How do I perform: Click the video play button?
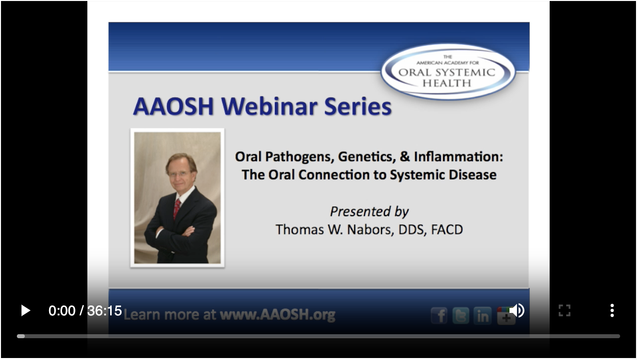(25, 311)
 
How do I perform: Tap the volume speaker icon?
(517, 310)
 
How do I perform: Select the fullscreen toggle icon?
(564, 311)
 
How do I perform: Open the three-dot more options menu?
(612, 311)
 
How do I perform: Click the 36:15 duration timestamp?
(105, 311)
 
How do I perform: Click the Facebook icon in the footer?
(439, 316)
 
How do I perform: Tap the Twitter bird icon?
(461, 316)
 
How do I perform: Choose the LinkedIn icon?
(482, 316)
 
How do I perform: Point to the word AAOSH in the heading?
(174, 106)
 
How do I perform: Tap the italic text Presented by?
(369, 212)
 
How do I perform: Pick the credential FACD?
(446, 230)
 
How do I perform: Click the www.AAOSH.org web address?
(277, 315)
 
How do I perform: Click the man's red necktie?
(177, 208)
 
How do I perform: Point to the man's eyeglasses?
(179, 174)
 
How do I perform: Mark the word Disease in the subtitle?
(473, 175)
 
